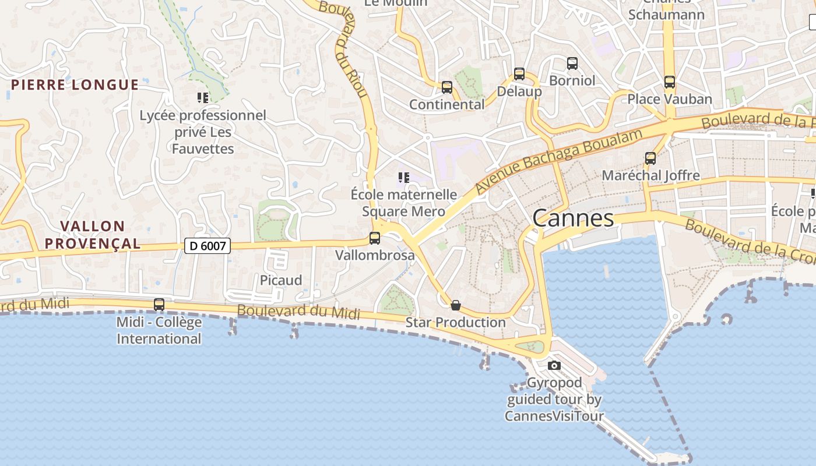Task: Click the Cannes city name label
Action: pos(573,218)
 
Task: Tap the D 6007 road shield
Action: pos(207,246)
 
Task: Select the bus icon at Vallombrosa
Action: pos(375,238)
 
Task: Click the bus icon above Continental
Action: pos(447,87)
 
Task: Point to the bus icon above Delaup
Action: pos(519,74)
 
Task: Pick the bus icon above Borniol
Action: pos(572,63)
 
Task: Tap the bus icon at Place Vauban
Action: pos(670,82)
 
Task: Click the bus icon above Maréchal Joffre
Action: pos(650,158)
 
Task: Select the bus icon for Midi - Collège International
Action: pos(159,304)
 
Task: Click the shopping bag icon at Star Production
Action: pos(456,305)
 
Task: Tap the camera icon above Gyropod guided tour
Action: pos(554,366)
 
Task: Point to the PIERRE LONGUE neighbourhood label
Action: pos(75,85)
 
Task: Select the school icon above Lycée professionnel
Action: pos(203,98)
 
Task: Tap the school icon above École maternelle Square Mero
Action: pos(404,177)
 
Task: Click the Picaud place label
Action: pos(281,280)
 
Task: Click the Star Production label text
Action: pos(456,322)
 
